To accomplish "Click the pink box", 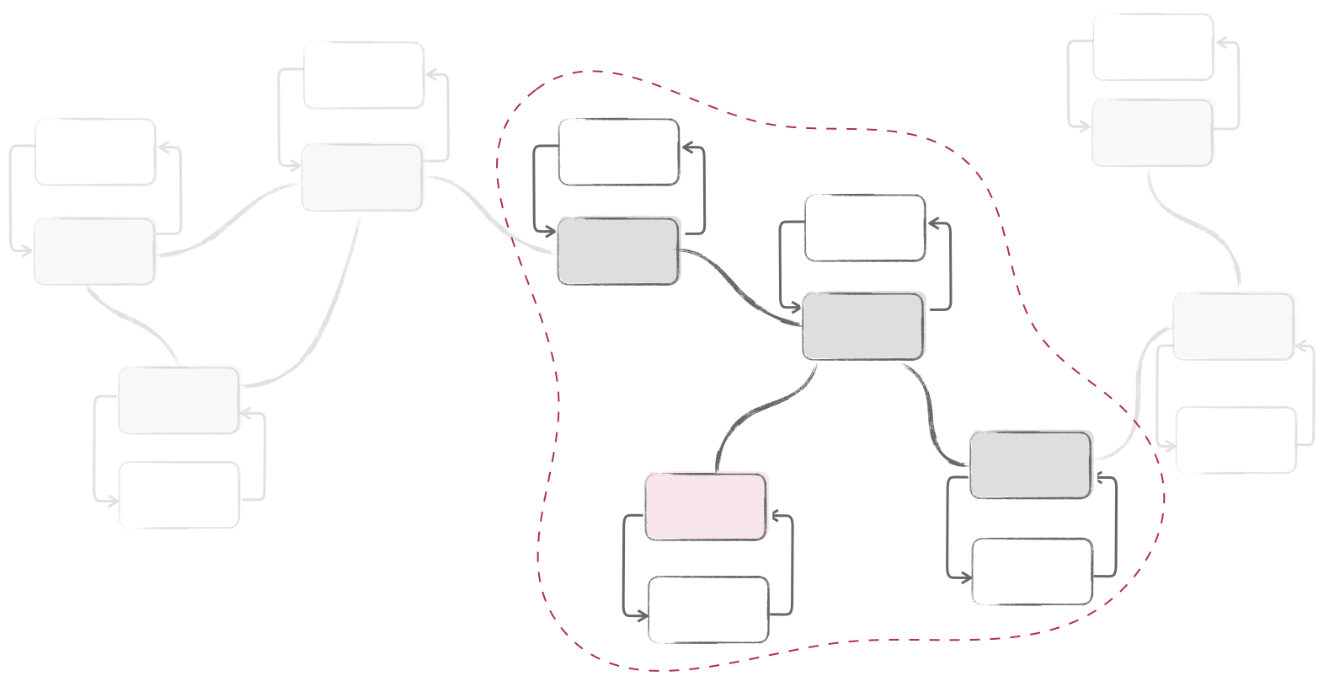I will pos(707,506).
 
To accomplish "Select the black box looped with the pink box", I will pos(709,610).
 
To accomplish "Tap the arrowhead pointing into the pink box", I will pos(777,517).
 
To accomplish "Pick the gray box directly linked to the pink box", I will pos(863,325).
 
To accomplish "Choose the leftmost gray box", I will pos(95,250).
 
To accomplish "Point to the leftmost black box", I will pos(96,151).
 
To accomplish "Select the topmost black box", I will pos(1154,45).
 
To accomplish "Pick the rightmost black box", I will pos(1236,441).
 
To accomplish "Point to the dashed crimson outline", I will pos(556,379).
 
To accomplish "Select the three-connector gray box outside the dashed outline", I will pos(364,175).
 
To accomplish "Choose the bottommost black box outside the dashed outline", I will pos(180,496).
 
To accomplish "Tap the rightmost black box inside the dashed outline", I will pos(1033,572).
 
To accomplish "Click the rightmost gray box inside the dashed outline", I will pos(1030,464).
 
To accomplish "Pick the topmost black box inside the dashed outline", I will pos(620,151).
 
